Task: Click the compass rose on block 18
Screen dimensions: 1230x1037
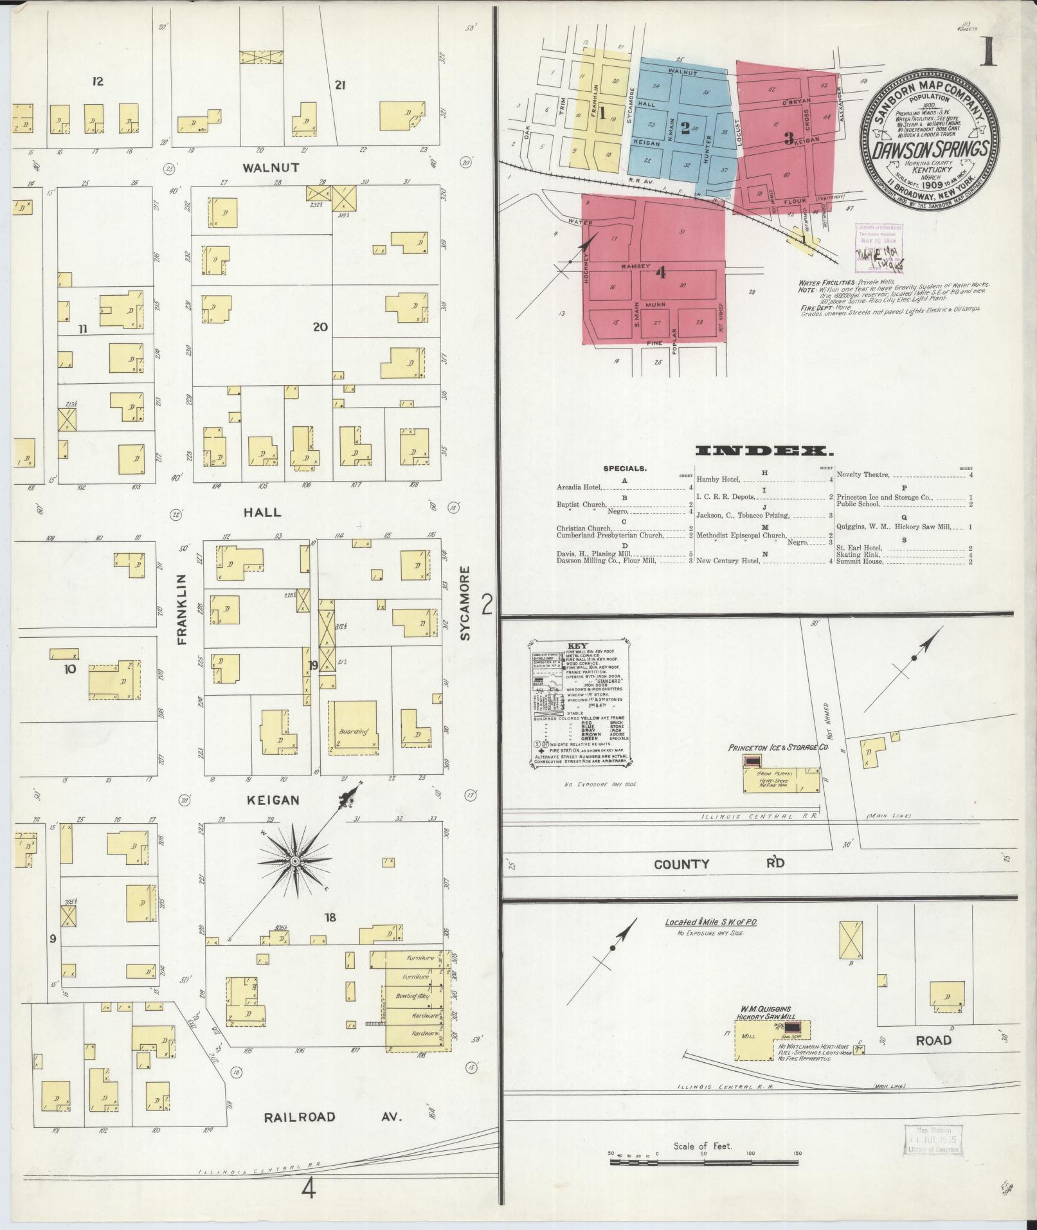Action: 294,860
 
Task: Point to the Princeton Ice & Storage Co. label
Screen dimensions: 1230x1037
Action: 777,748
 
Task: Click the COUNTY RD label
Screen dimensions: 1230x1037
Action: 719,864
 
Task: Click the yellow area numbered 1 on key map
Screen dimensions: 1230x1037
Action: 602,114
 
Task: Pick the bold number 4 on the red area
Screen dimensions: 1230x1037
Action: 660,273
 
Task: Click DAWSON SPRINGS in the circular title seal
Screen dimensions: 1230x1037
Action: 930,150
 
